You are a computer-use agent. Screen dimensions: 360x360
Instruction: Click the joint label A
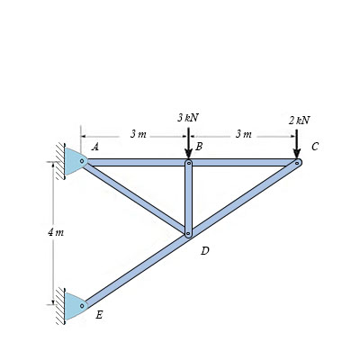coord(95,146)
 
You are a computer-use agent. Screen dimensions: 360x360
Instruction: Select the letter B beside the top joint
coord(199,146)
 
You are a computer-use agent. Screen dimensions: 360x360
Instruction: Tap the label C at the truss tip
coord(314,146)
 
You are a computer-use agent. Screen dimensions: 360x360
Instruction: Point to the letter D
coord(204,251)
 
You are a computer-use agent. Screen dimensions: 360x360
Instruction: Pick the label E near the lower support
coord(99,315)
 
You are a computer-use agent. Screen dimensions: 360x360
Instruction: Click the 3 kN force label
coord(187,118)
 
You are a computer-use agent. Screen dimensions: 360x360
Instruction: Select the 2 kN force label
coord(299,120)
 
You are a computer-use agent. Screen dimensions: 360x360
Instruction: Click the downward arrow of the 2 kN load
coord(297,144)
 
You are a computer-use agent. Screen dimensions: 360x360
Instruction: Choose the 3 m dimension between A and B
coord(138,134)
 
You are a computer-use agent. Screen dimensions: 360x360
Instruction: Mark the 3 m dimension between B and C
coord(243,134)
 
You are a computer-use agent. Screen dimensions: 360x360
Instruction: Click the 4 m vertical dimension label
coord(55,232)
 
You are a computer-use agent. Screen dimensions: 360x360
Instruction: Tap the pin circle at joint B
coord(188,163)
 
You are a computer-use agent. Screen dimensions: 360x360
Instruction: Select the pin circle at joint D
coord(188,234)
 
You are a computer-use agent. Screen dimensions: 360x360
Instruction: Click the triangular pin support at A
coord(72,162)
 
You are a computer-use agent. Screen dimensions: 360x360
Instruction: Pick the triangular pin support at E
coord(72,306)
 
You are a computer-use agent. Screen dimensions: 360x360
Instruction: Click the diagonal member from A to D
coord(135,198)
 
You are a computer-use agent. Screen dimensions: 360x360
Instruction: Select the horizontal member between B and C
coord(243,163)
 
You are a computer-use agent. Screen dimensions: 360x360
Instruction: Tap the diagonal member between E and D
coord(135,270)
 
